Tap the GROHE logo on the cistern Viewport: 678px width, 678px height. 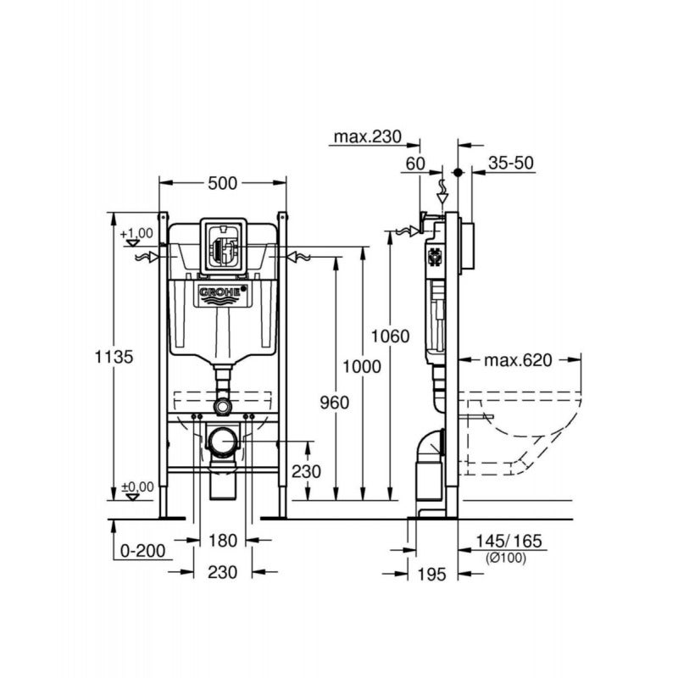pyautogui.click(x=223, y=293)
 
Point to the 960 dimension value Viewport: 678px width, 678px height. pyautogui.click(x=334, y=403)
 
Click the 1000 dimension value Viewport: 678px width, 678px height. pyautogui.click(x=362, y=365)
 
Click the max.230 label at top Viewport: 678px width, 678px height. pyautogui.click(x=365, y=137)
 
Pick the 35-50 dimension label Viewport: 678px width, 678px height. pyautogui.click(x=510, y=164)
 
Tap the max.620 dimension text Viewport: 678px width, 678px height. pyautogui.click(x=517, y=360)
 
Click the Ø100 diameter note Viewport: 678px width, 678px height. pyautogui.click(x=506, y=558)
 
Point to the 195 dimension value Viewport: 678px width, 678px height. pyautogui.click(x=432, y=575)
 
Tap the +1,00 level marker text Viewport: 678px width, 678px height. pyautogui.click(x=136, y=233)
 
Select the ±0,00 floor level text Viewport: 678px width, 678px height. pyautogui.click(x=136, y=486)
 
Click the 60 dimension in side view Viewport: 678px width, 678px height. pyautogui.click(x=414, y=164)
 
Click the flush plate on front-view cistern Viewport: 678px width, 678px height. pyautogui.click(x=223, y=247)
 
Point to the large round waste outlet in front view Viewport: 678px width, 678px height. pyautogui.click(x=224, y=441)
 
